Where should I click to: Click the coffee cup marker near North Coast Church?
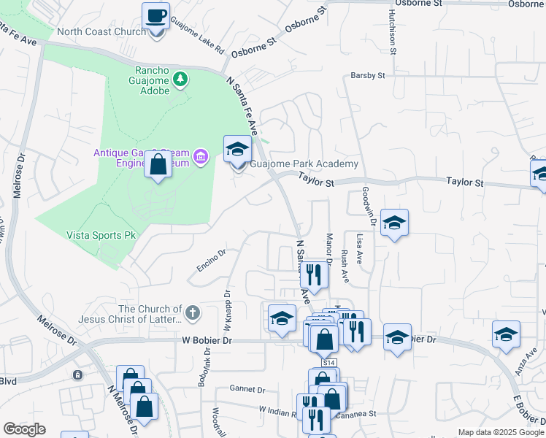point(156,15)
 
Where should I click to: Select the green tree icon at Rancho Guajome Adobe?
point(179,78)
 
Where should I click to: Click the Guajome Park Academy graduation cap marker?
point(237,150)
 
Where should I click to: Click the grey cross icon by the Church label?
point(192,313)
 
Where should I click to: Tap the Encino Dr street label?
point(212,262)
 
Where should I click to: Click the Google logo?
point(25,429)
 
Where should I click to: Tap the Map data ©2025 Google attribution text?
point(499,432)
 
